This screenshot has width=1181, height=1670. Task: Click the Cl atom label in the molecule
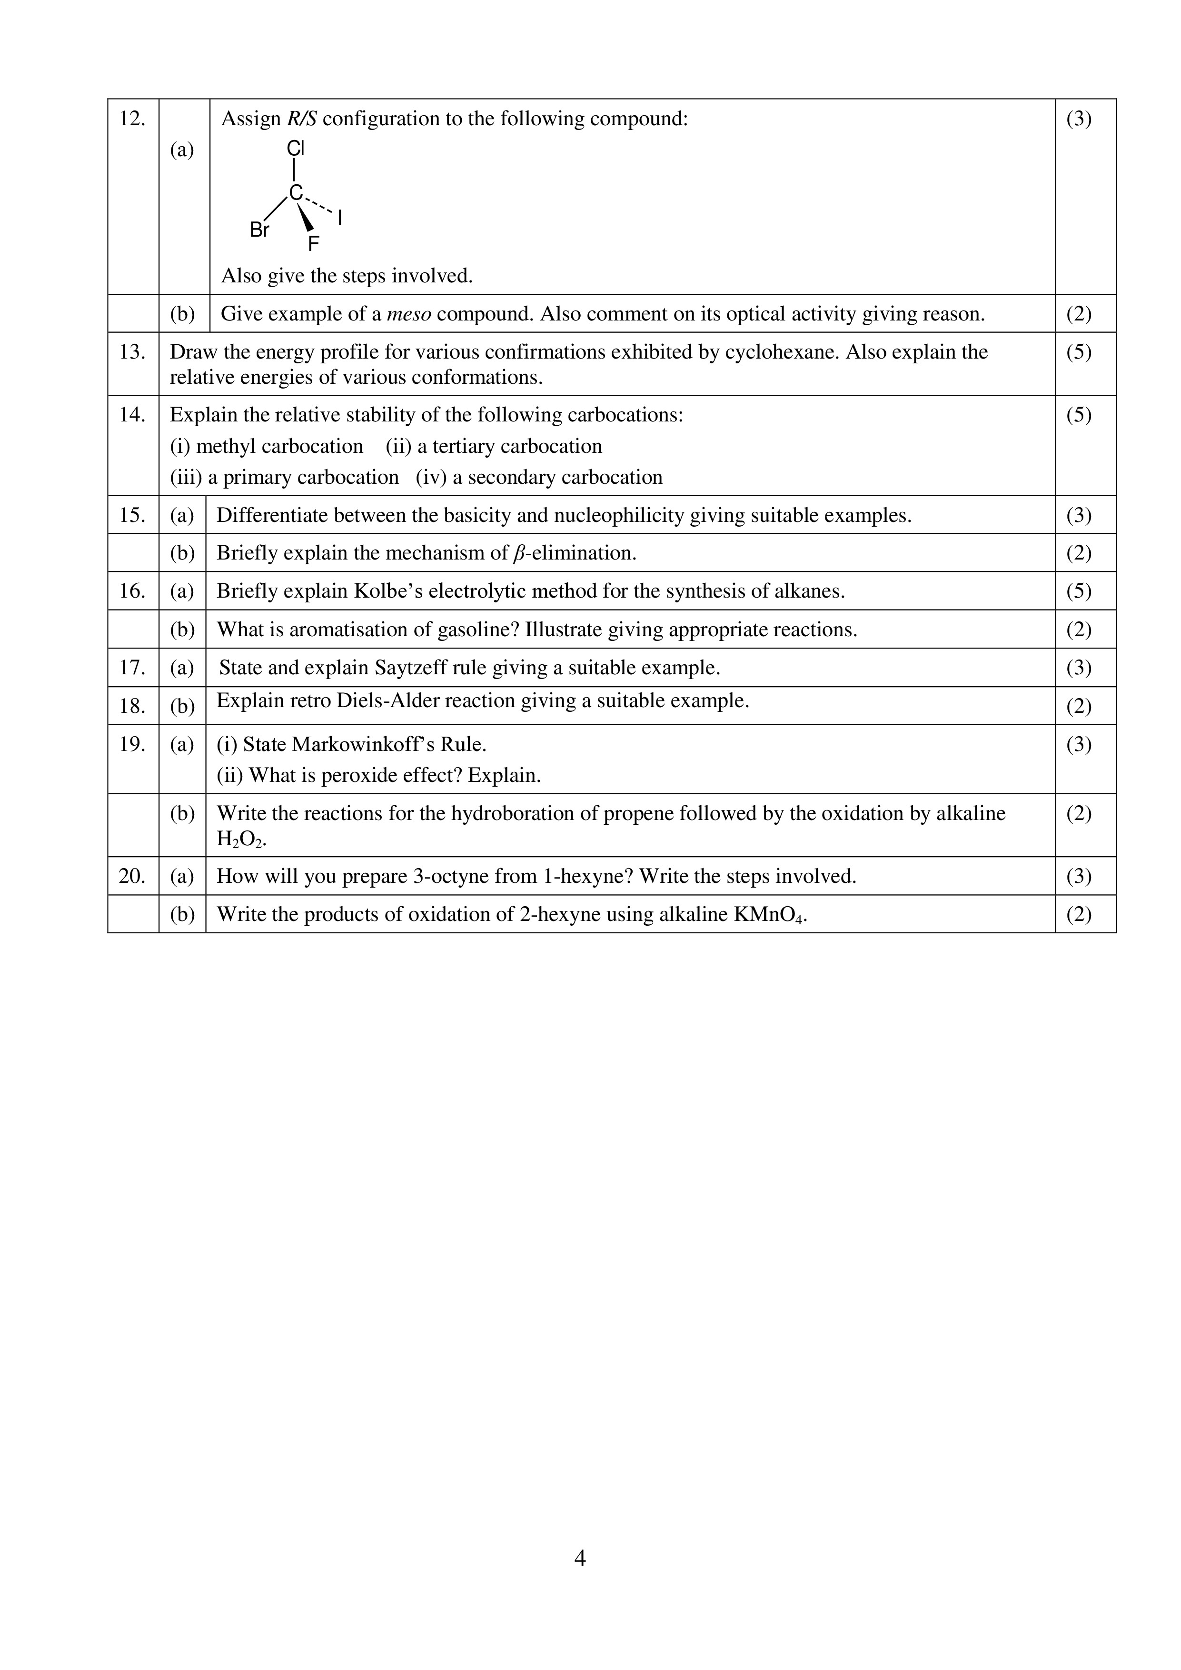click(295, 149)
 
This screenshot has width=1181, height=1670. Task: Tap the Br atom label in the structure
click(259, 230)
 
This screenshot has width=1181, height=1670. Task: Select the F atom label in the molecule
click(313, 244)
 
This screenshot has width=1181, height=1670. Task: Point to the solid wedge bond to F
click(306, 217)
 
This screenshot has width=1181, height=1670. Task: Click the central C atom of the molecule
click(295, 193)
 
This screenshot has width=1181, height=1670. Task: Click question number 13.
click(132, 352)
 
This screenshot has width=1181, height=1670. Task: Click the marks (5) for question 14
click(1079, 415)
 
